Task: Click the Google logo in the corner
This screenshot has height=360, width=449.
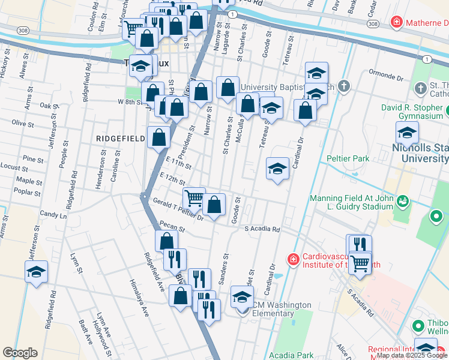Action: [20, 353]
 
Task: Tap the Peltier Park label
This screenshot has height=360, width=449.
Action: [348, 158]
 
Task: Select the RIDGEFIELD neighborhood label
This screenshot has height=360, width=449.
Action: [120, 139]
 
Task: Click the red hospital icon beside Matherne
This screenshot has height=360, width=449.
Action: [396, 23]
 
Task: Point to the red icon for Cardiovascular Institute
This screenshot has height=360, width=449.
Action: [293, 259]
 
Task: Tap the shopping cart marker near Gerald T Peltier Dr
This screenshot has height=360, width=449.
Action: [194, 197]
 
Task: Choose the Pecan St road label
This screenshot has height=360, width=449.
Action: [173, 227]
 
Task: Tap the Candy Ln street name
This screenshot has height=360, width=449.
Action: [53, 214]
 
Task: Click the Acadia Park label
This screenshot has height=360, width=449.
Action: [291, 356]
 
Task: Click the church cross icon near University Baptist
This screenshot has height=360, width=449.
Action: [343, 86]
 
